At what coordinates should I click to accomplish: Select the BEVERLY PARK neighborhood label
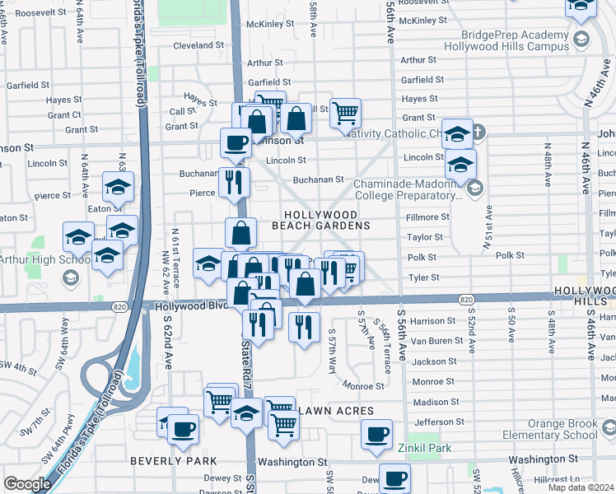click(x=173, y=461)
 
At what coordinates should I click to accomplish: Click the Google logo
click(x=27, y=484)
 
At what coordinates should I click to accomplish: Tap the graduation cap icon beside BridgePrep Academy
click(x=581, y=39)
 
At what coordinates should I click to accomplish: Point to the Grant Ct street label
click(x=65, y=115)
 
